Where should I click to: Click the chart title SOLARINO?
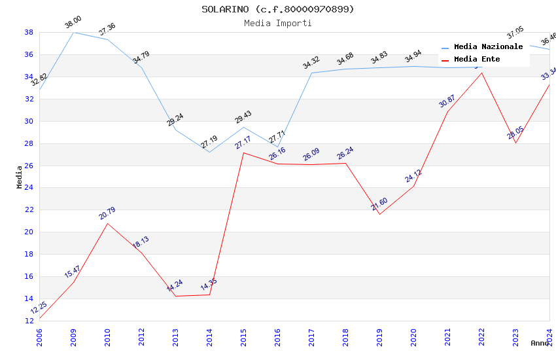point(277,9)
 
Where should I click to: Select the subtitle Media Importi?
point(277,23)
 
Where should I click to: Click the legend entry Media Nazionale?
point(488,47)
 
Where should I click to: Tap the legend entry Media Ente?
point(476,60)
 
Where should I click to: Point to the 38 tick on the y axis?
point(29,32)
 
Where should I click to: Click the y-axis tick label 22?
point(29,210)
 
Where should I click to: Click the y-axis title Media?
point(20,177)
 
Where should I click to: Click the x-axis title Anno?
point(540,343)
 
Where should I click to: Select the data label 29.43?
point(243,117)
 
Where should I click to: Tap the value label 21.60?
point(379,204)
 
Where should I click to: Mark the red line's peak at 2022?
point(481,73)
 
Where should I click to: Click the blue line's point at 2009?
point(73,32)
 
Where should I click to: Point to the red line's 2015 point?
point(243,153)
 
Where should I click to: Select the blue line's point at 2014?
point(209,152)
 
